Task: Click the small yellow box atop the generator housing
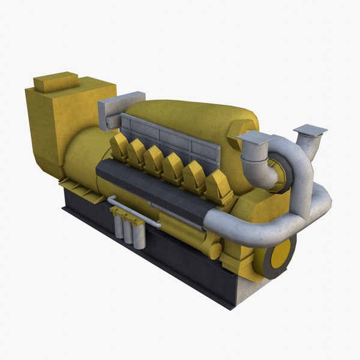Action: click(x=55, y=82)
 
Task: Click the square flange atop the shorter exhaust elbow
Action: click(x=256, y=138)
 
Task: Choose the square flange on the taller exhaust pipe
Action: click(x=310, y=130)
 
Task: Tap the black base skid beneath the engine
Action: click(x=150, y=252)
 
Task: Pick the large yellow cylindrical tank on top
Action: click(x=180, y=120)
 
